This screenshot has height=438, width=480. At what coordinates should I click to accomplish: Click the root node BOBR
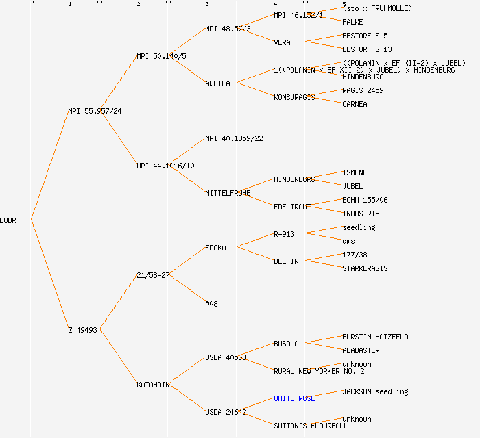click(8, 220)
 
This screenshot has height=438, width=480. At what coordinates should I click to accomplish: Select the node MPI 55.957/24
click(95, 111)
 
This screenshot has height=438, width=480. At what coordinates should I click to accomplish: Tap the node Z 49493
click(82, 330)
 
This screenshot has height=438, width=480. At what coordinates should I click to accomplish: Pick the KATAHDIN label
click(153, 385)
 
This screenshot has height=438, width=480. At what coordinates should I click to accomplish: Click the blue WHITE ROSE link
click(294, 398)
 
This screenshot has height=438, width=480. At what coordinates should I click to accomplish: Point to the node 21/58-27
click(153, 275)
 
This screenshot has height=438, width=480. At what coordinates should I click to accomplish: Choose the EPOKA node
click(215, 248)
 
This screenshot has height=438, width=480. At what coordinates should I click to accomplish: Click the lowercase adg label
click(211, 302)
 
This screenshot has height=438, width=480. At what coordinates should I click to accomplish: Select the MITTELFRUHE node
click(228, 193)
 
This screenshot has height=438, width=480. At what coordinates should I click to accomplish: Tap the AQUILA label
click(217, 83)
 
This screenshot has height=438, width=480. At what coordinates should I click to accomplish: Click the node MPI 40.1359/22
click(234, 138)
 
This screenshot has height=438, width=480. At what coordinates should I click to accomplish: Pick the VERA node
click(282, 42)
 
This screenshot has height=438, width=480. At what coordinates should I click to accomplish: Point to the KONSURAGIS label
click(294, 97)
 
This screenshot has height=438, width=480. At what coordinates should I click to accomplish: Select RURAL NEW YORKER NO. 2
click(319, 371)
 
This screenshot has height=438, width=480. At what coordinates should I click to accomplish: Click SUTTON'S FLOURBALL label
click(311, 426)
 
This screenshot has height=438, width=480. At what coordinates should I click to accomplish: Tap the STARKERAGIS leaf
click(365, 268)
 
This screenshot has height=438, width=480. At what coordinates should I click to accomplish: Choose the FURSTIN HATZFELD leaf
click(375, 337)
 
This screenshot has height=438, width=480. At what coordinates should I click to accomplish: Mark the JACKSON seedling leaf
click(375, 391)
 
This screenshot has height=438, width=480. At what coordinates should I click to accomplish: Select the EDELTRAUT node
click(292, 207)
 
